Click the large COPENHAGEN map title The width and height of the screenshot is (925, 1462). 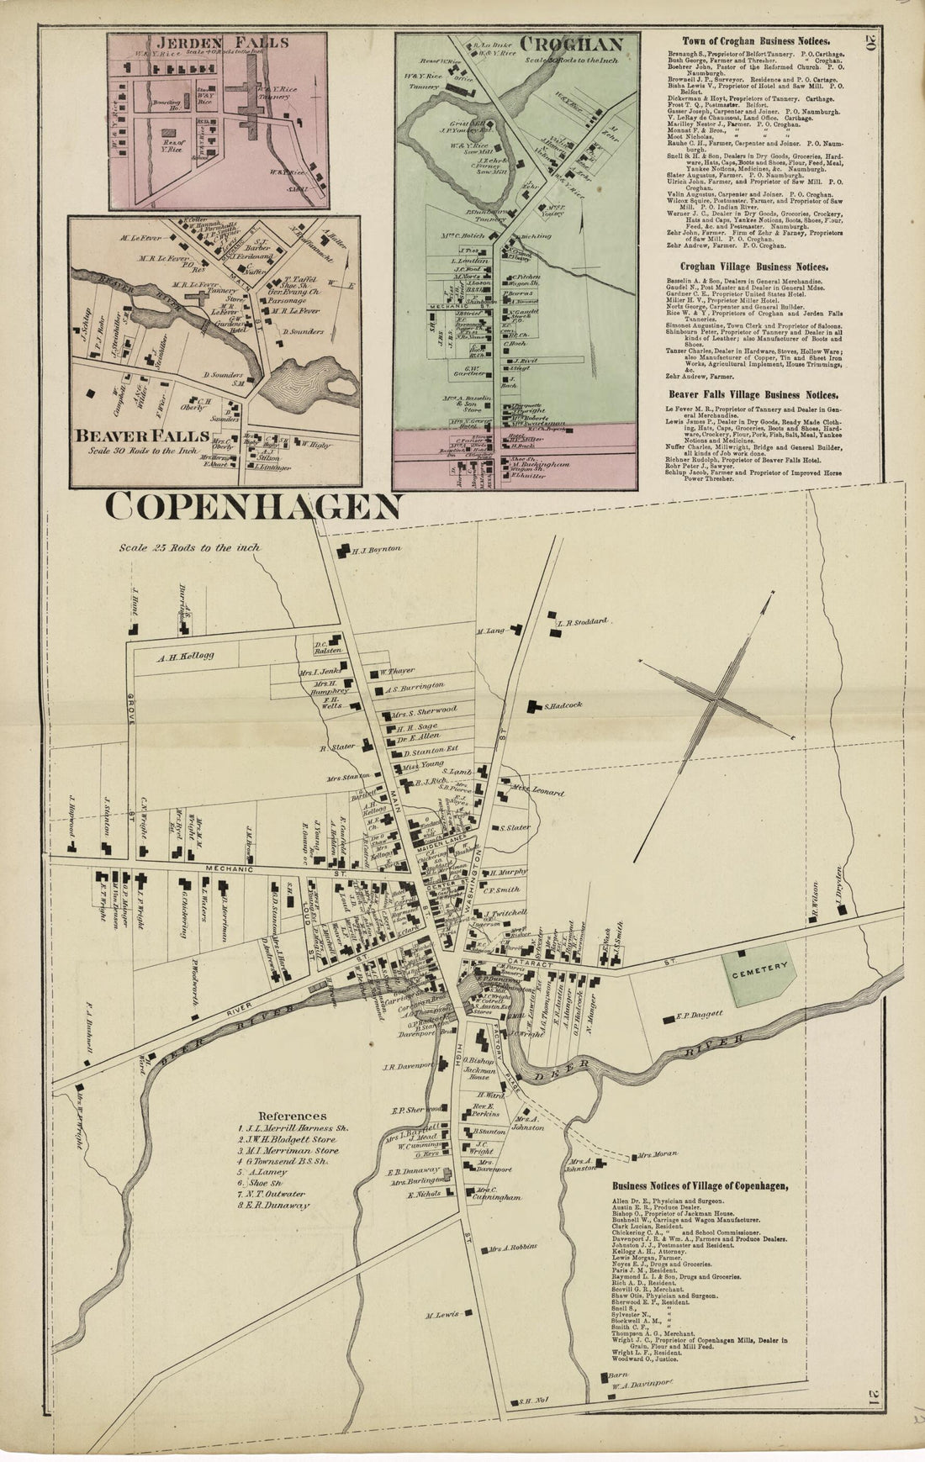click(254, 507)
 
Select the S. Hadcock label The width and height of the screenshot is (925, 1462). click(563, 705)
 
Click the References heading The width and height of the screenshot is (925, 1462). click(293, 1116)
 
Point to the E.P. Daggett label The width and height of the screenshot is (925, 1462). click(700, 1015)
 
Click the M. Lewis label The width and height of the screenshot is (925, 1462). click(441, 1314)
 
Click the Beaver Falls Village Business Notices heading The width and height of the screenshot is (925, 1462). click(753, 393)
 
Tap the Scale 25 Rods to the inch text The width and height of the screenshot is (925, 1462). click(189, 547)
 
